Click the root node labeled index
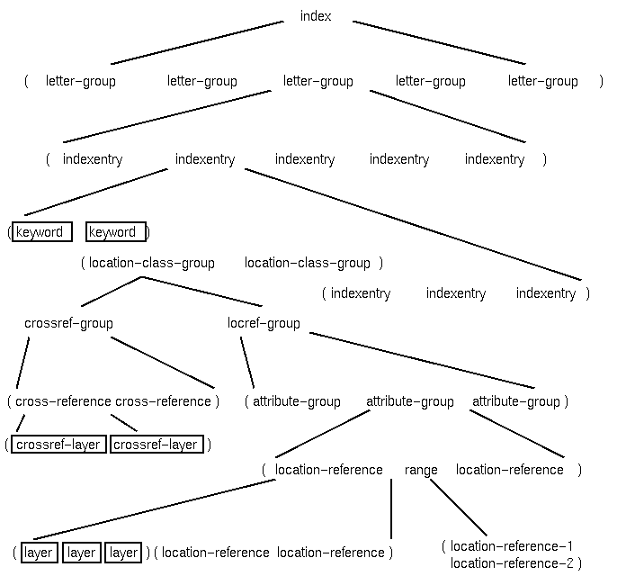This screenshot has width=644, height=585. [x=316, y=16]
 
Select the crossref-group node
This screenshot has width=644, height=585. [x=68, y=323]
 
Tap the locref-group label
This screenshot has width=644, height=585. [x=264, y=323]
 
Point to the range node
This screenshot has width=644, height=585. [x=421, y=470]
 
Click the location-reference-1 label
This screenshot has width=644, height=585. [x=512, y=546]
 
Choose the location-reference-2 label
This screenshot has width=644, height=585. [x=512, y=563]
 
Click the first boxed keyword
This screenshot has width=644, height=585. [x=40, y=232]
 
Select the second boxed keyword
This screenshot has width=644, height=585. [x=114, y=232]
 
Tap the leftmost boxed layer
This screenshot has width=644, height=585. [x=39, y=553]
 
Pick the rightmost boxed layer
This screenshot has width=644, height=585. [x=124, y=553]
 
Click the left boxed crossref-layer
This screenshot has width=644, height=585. [x=59, y=445]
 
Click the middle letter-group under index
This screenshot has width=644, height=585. [x=318, y=81]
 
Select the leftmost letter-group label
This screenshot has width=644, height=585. [x=81, y=81]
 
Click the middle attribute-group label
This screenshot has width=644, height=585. [x=410, y=401]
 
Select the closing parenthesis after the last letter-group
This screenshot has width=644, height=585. [x=602, y=81]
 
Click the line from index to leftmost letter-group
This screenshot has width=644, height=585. [x=198, y=42]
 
